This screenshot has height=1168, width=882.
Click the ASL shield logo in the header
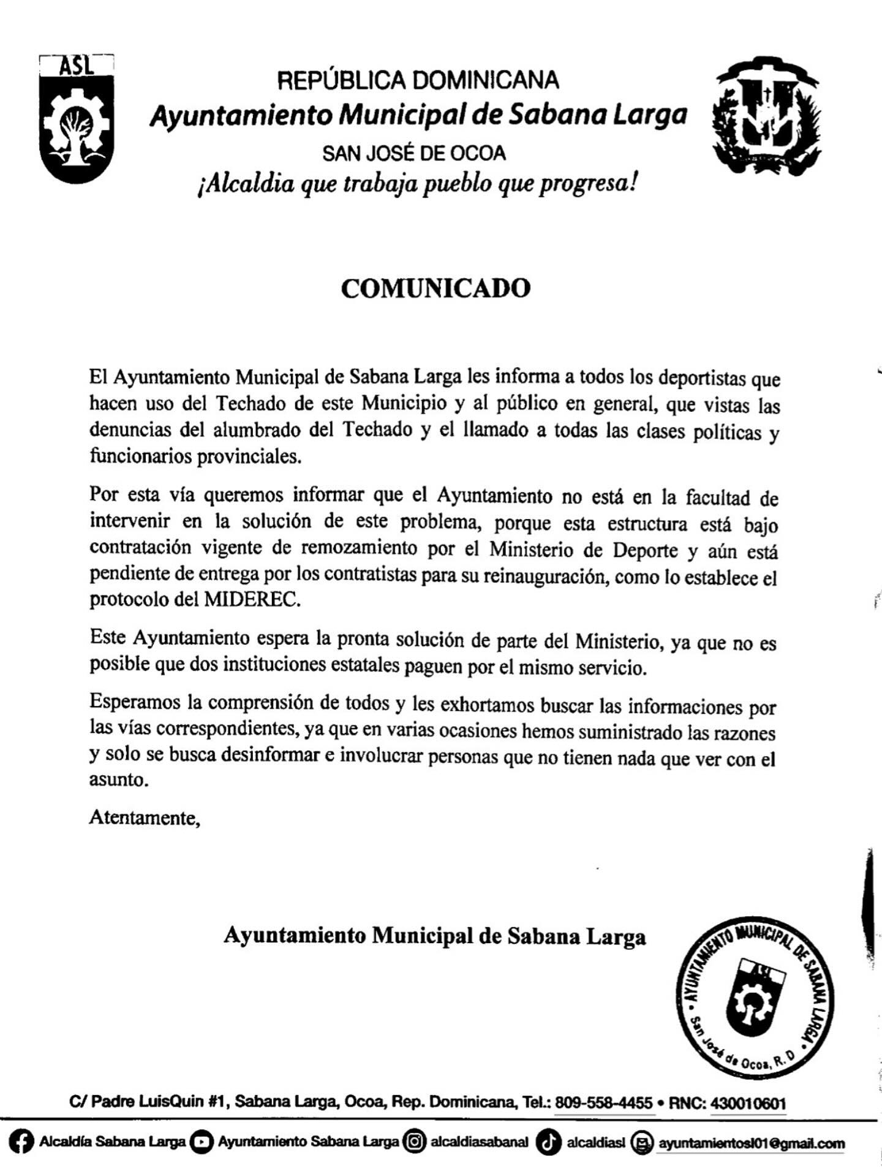[77, 119]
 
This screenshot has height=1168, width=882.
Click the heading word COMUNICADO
[435, 289]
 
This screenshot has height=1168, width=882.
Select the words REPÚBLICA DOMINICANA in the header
[418, 80]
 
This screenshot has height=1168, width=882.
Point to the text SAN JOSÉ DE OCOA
[414, 153]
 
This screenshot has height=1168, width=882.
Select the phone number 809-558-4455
[603, 1103]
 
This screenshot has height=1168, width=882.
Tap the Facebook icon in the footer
[22, 1143]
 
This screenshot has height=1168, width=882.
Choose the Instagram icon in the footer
[415, 1143]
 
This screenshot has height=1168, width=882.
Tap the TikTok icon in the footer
[548, 1143]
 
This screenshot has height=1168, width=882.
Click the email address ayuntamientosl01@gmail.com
[751, 1143]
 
